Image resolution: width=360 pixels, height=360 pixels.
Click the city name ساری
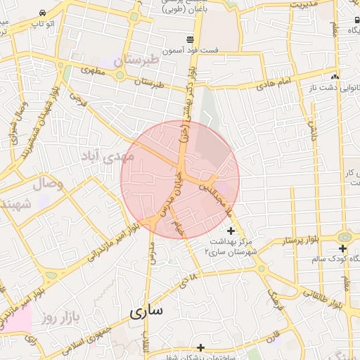point(146,310)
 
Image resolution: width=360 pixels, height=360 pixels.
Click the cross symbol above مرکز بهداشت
point(231,231)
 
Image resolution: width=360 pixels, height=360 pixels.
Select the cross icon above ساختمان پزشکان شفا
point(201,347)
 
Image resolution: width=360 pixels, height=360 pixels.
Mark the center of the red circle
point(180,179)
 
